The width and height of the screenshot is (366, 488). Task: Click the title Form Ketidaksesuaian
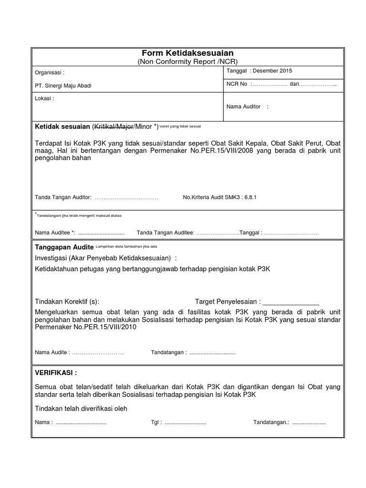click(x=187, y=53)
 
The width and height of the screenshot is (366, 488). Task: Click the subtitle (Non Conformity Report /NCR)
click(x=187, y=61)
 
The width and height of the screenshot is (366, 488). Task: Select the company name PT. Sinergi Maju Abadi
click(x=63, y=86)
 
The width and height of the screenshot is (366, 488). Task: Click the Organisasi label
click(x=50, y=73)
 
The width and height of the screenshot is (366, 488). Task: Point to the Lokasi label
click(x=45, y=99)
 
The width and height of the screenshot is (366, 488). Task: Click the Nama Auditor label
click(x=244, y=106)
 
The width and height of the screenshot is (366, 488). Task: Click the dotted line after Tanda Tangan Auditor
click(x=126, y=197)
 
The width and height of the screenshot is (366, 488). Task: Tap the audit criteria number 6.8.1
click(x=250, y=197)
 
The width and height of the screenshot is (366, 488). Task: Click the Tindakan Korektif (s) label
click(x=67, y=302)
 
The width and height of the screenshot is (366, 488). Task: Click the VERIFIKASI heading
click(x=56, y=372)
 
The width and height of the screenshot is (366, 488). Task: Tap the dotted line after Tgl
click(x=185, y=423)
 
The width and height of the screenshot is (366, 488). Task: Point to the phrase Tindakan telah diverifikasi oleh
click(x=81, y=408)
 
